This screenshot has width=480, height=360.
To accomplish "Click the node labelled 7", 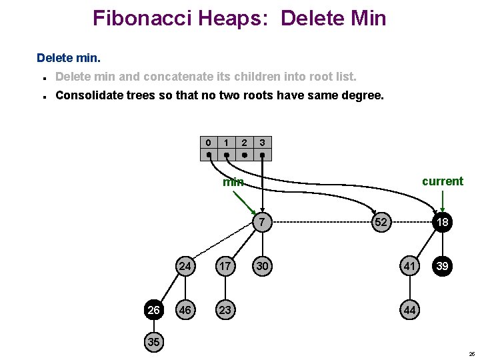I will coord(262,222).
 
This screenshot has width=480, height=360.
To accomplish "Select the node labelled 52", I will coord(381,222).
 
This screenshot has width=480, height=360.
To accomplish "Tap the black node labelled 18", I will coord(442,222).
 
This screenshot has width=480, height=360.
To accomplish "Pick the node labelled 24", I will coord(185,266).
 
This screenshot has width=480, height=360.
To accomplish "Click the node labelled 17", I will coord(225,266).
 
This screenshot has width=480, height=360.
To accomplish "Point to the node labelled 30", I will coord(262,266).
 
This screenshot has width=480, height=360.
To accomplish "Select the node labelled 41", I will coord(409,266).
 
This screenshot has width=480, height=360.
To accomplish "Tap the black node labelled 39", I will coord(442,266).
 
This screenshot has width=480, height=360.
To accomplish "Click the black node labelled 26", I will coord(153,310).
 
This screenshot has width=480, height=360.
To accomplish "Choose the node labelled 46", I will coord(185,310).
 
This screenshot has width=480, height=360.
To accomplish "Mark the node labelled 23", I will coord(225,310).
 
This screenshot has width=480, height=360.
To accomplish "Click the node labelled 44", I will coord(409,310).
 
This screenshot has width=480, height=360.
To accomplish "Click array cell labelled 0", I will coord(209,143).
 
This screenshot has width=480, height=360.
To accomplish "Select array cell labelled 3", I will coord(263,143).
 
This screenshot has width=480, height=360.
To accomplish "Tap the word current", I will coord(442,181).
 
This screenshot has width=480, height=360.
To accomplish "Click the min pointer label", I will coord(233,182).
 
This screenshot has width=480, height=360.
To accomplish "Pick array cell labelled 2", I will coord(245,143).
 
